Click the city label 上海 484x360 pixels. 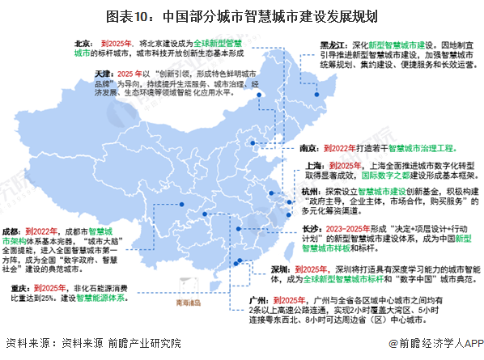[307, 165]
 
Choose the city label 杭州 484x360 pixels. [307, 191]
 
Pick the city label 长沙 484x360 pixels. [307, 229]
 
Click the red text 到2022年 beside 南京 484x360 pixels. [341, 149]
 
